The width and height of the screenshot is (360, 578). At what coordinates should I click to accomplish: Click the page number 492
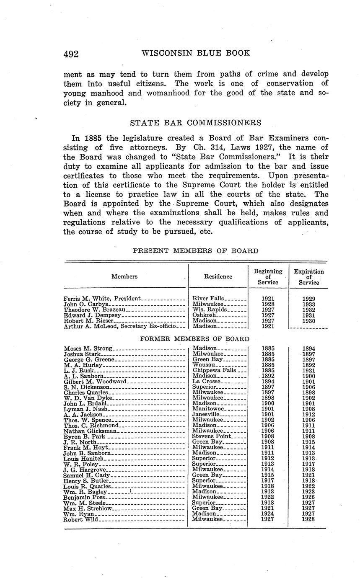(71, 54)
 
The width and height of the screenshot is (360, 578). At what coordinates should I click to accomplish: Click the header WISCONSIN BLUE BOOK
(196, 53)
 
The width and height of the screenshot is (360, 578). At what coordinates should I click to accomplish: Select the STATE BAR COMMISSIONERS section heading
(196, 123)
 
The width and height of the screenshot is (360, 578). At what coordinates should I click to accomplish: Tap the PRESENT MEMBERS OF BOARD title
(195, 251)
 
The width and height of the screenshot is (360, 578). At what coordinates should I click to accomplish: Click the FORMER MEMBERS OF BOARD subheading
(194, 338)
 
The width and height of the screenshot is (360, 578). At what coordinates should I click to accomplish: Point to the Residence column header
(218, 276)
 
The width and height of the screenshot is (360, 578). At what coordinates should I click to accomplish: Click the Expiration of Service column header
(309, 277)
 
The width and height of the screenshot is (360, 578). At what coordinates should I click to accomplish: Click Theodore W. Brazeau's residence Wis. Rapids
(210, 310)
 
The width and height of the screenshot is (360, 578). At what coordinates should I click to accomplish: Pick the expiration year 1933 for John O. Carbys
(309, 304)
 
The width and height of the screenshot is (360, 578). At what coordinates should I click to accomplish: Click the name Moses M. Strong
(88, 348)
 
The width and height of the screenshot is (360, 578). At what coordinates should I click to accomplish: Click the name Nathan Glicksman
(90, 431)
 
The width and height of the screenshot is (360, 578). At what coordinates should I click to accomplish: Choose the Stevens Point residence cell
(211, 436)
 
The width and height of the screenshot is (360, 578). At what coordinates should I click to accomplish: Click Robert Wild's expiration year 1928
(308, 519)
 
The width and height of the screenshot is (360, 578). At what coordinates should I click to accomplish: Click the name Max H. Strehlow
(88, 508)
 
